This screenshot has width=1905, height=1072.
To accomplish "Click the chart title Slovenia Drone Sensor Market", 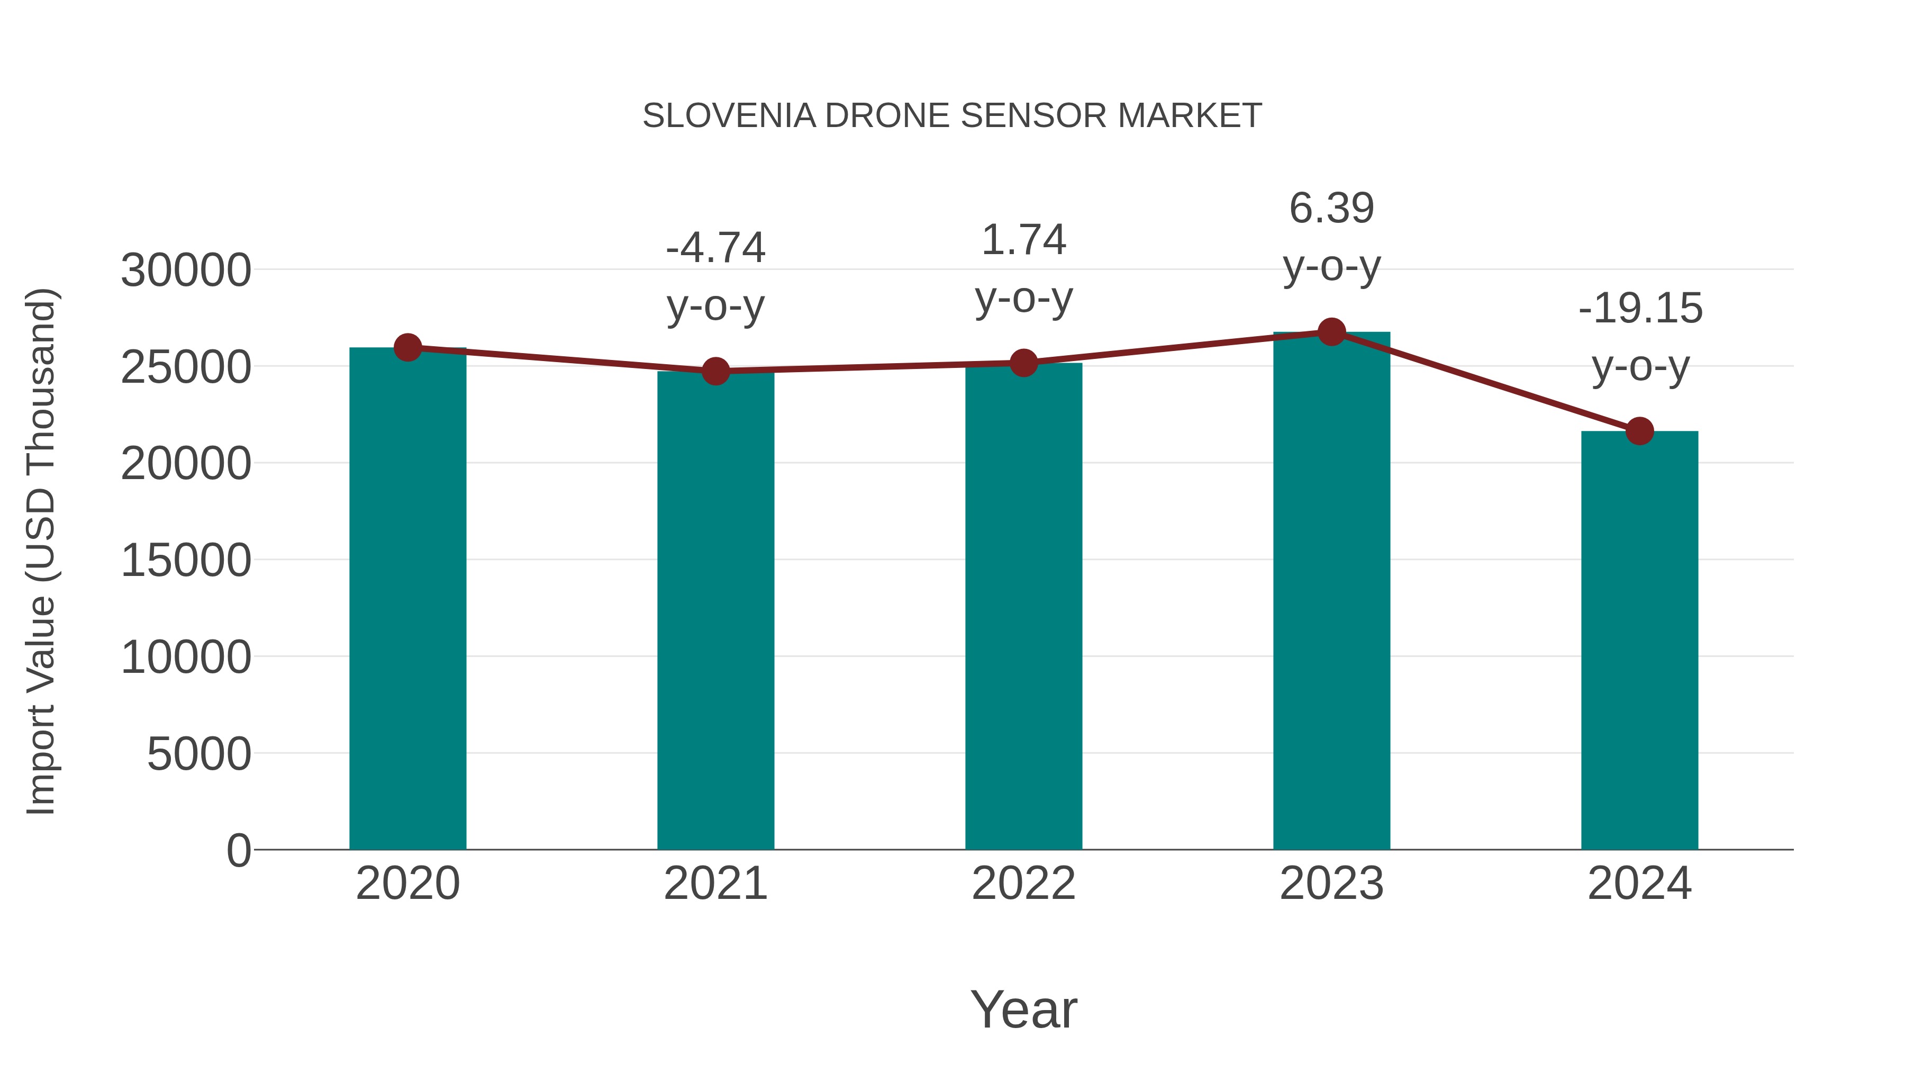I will (952, 116).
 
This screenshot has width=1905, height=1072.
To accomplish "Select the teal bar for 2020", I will (407, 599).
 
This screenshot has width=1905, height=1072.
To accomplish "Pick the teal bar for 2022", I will (1023, 607).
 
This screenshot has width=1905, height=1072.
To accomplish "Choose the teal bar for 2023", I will (1331, 592).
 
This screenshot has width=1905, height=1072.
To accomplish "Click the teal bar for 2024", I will (1639, 640).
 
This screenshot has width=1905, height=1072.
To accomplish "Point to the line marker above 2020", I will (407, 347).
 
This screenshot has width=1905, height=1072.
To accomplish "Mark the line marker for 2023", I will (1331, 332).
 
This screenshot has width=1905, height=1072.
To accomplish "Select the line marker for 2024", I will (1639, 430).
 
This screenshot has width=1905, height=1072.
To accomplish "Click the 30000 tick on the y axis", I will (186, 270).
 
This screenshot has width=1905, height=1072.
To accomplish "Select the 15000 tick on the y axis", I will (186, 560).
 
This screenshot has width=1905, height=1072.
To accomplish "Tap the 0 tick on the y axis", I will (238, 850).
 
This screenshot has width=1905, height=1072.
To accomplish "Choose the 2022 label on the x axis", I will (1023, 884).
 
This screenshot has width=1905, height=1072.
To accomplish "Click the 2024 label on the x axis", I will (1639, 884).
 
